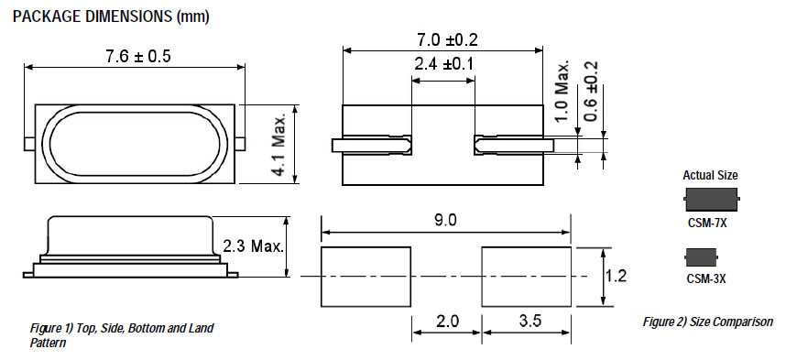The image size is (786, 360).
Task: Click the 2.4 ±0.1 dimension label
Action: click(x=443, y=65)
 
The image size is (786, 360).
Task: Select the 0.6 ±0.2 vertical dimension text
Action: click(x=591, y=93)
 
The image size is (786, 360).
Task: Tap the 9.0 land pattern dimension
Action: click(x=447, y=221)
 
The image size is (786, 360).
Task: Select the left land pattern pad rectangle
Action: click(x=365, y=276)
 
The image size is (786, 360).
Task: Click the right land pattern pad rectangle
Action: click(x=527, y=276)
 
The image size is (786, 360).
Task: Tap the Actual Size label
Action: click(x=710, y=175)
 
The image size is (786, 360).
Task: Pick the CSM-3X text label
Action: click(x=710, y=278)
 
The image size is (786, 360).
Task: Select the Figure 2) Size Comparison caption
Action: click(x=707, y=322)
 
